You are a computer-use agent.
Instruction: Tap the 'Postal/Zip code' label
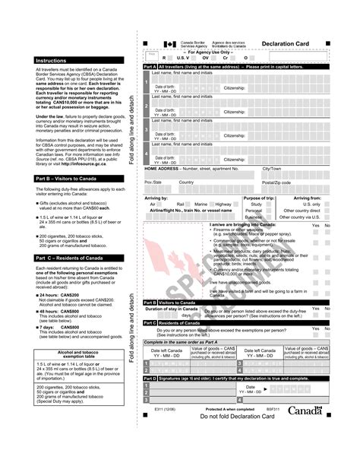point(277,182)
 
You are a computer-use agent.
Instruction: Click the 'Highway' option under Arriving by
point(223,204)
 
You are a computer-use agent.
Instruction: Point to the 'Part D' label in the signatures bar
point(150,378)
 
